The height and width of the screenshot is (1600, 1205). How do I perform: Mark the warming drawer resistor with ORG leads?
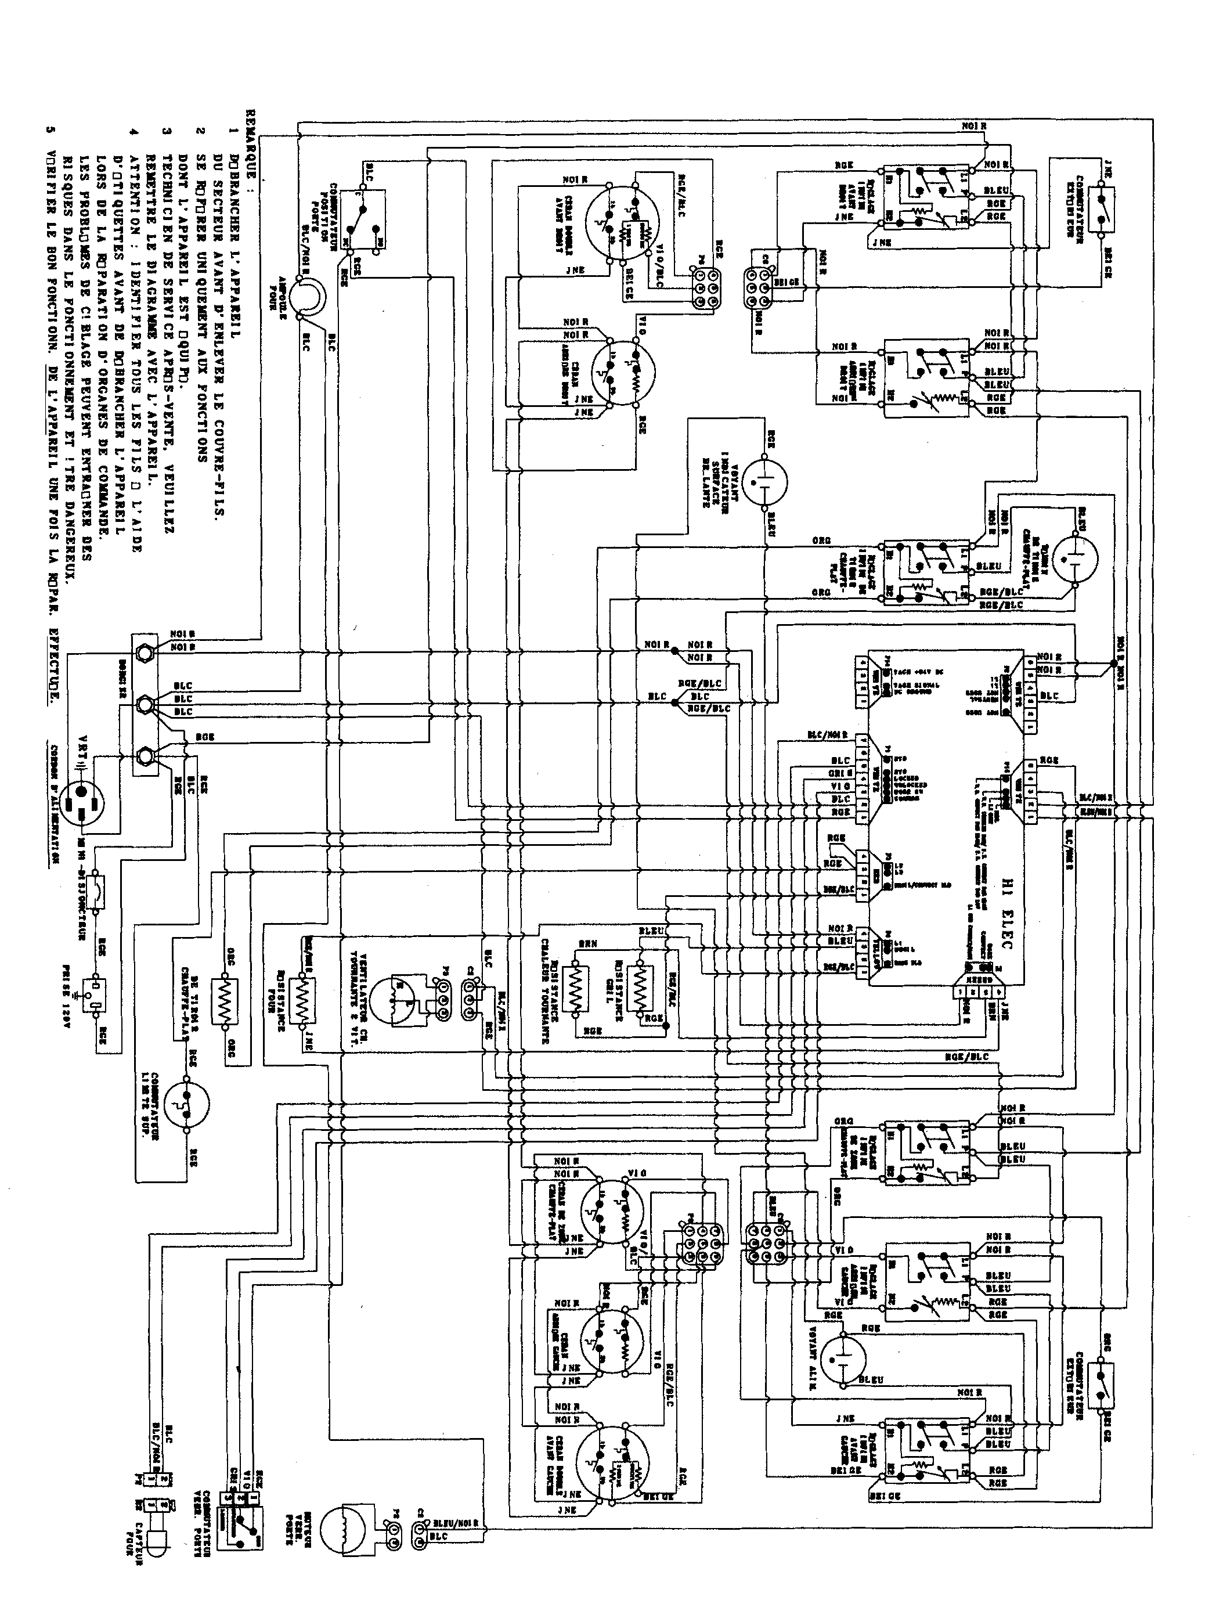(x=224, y=1000)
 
